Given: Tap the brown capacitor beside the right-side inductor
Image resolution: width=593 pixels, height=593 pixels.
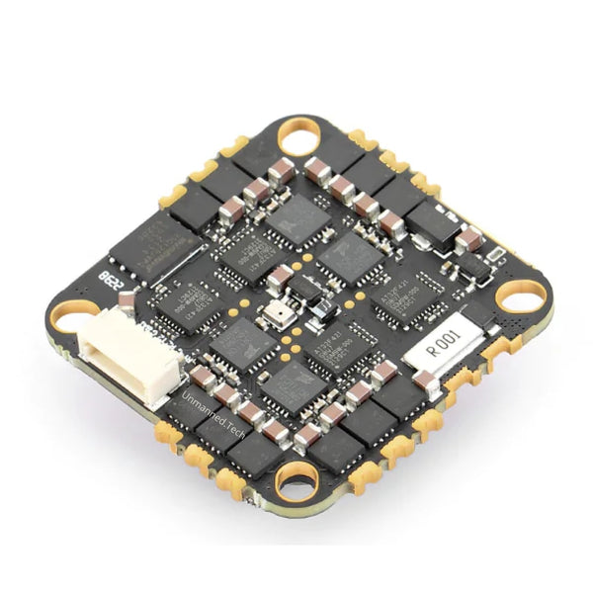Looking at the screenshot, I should (x=468, y=239).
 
